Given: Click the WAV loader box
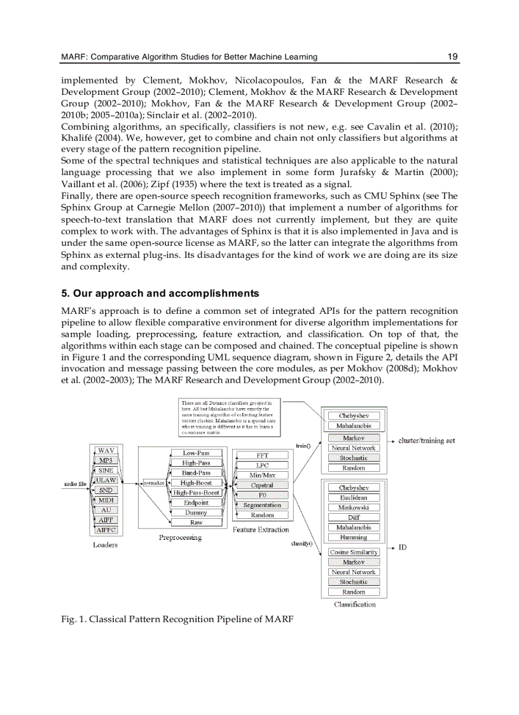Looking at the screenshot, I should click(x=106, y=450).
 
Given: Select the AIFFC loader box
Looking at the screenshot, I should click(x=106, y=530).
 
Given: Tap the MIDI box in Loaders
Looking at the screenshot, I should click(x=106, y=500).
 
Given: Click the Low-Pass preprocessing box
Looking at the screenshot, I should click(x=196, y=453).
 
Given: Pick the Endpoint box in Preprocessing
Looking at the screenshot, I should click(x=196, y=502).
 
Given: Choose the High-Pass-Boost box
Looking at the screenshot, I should click(x=197, y=492).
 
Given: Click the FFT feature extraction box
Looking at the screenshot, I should click(x=262, y=455).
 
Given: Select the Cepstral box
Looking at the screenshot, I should click(x=262, y=485).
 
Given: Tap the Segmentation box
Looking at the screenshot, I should click(x=262, y=505).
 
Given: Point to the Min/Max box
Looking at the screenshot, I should click(x=262, y=475).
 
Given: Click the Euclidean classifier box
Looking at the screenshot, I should click(x=354, y=497).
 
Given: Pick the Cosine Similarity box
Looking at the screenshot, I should click(x=354, y=552).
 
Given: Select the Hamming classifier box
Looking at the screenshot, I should click(x=354, y=537).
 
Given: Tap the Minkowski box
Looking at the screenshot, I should click(x=354, y=507).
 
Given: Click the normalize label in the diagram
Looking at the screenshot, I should click(x=155, y=483).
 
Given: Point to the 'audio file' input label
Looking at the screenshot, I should click(x=75, y=484).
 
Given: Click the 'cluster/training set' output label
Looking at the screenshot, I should click(x=426, y=441).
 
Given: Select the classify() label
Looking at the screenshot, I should click(x=300, y=544).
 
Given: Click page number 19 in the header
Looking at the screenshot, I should click(x=453, y=57).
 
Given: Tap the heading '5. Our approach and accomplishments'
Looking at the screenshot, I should click(x=160, y=294).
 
